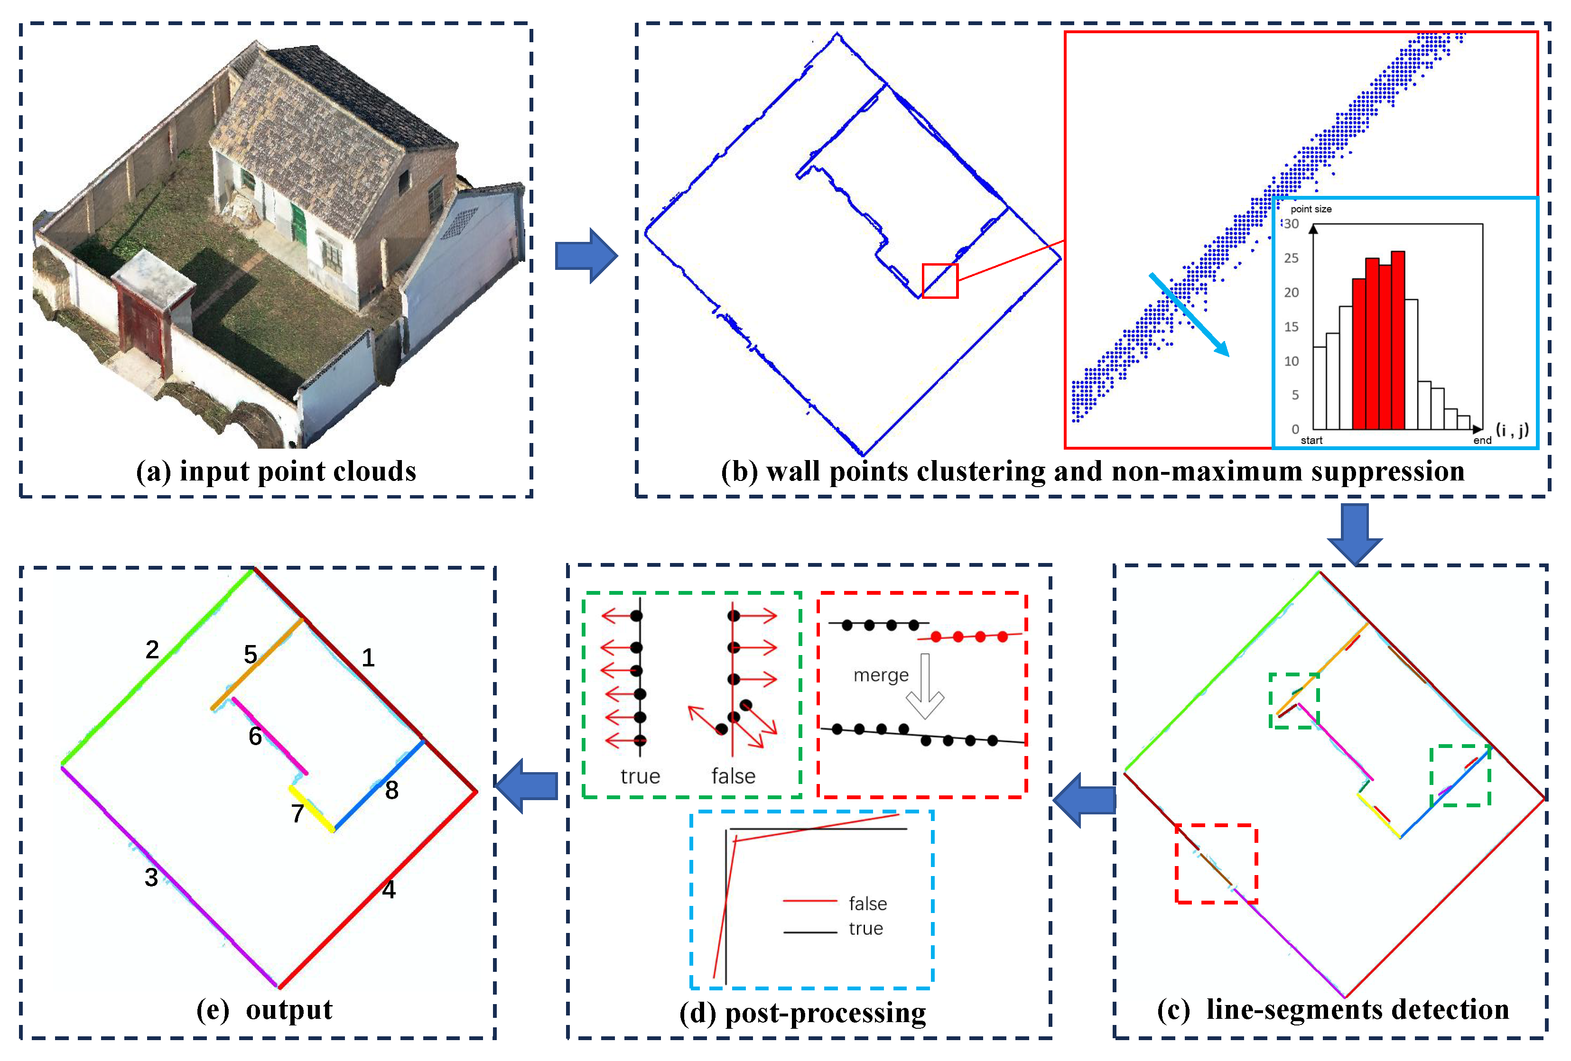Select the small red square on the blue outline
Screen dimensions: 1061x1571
point(939,280)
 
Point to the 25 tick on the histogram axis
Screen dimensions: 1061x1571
point(1291,258)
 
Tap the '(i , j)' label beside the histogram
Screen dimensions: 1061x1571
point(1512,430)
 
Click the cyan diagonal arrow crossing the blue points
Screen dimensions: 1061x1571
point(1189,314)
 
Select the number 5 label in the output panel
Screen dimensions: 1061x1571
point(250,654)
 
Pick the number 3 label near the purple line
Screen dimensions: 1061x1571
point(151,877)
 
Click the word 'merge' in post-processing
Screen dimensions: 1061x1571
point(880,675)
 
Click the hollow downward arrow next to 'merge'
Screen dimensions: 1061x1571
point(924,686)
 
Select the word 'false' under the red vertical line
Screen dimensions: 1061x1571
point(733,776)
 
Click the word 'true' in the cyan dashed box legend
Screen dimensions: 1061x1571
point(865,929)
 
